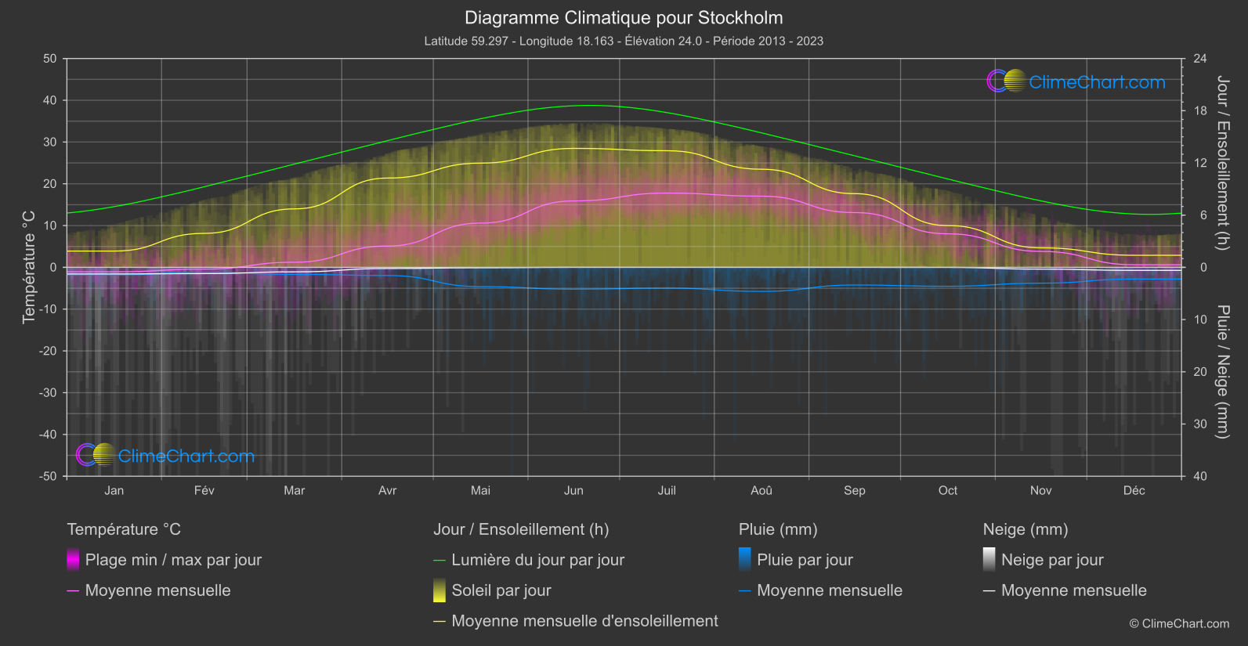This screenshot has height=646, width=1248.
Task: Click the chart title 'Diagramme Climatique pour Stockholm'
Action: click(x=624, y=18)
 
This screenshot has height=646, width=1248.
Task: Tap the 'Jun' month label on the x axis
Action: click(x=573, y=490)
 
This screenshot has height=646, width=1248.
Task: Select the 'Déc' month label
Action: click(x=1134, y=490)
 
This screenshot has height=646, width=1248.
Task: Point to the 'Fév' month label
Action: click(x=204, y=490)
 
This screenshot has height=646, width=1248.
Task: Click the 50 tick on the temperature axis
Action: click(x=50, y=59)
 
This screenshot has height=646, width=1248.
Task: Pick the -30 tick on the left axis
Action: click(x=48, y=393)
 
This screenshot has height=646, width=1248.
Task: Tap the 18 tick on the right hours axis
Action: click(x=1200, y=111)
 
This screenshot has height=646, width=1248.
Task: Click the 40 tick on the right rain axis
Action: click(x=1200, y=476)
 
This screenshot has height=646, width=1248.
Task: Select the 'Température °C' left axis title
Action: click(x=29, y=267)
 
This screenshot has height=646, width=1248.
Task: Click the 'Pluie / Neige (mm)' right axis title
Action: click(x=1222, y=372)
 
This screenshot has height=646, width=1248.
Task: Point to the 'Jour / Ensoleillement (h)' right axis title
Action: click(x=1222, y=163)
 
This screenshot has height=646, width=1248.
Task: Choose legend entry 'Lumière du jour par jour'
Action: click(x=537, y=560)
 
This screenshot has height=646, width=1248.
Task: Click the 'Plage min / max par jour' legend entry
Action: click(x=173, y=560)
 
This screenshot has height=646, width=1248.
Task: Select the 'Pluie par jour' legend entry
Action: click(x=805, y=560)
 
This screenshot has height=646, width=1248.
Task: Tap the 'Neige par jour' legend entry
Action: click(x=1052, y=560)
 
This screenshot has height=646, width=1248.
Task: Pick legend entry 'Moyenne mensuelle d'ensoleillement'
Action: click(x=584, y=621)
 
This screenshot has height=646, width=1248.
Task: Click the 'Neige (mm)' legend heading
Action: click(x=1026, y=529)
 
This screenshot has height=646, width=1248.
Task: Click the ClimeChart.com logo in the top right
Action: click(x=1076, y=81)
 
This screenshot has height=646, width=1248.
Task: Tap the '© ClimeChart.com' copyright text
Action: click(x=1179, y=624)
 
